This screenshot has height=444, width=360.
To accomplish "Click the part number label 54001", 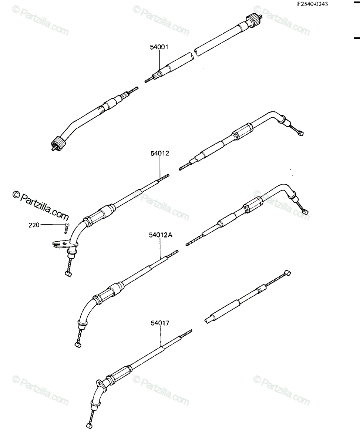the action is coord(159,47).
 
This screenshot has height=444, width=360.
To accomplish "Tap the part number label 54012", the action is coord(160,154).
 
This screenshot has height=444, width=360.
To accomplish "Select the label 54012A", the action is coord(161,235).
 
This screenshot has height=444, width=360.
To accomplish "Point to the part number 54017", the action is coord(160,323).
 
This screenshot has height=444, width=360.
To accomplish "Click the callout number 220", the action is coord(34,225).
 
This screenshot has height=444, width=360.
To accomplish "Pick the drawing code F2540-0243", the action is coord(313,4).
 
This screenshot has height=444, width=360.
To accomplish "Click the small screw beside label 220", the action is coord(67,228).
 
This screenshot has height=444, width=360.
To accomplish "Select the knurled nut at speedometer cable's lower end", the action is coord(58,143).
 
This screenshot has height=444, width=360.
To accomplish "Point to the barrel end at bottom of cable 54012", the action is coord(68,274).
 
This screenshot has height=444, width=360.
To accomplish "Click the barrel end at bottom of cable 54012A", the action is coord(78,345).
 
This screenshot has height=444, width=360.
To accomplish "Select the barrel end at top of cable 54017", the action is coord(287,273).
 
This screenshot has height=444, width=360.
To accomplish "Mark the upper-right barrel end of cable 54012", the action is coord(300,133).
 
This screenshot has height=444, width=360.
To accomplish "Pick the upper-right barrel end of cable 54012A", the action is coord(305,212).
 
